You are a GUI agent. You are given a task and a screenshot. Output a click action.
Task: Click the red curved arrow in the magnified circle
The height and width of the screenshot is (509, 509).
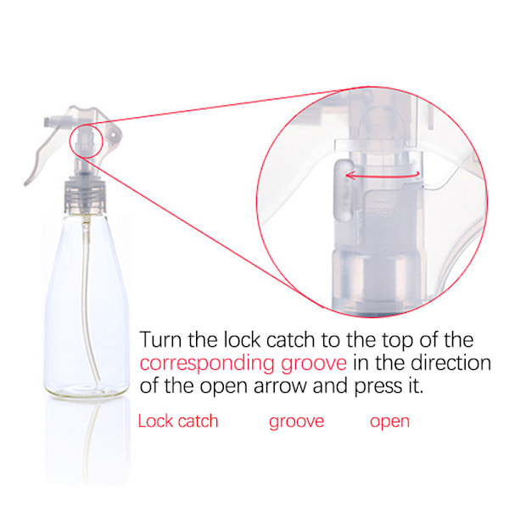(x=383, y=176)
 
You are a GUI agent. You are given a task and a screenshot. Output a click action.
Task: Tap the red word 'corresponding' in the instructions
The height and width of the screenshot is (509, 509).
(x=207, y=363)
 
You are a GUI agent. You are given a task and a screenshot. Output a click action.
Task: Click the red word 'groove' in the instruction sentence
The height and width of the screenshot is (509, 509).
(x=314, y=364)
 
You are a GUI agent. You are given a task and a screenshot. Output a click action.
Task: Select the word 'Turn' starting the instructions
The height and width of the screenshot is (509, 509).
(x=160, y=339)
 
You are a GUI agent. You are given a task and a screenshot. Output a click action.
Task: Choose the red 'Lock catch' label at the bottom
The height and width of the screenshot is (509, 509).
(x=178, y=421)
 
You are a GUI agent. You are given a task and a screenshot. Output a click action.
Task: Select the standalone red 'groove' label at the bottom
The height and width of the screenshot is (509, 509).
(x=296, y=422)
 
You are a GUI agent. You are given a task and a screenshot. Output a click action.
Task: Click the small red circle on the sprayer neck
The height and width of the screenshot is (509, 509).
(x=86, y=141)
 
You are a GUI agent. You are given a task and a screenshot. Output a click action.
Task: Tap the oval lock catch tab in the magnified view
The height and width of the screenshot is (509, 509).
(x=343, y=190)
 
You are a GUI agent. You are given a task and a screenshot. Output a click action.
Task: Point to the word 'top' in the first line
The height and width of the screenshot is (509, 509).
(x=398, y=340)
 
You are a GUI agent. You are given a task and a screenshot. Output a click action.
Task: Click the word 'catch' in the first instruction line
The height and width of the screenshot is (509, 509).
(x=290, y=339)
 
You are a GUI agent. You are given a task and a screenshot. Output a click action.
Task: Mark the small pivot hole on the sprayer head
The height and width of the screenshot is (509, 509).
(x=114, y=133)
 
